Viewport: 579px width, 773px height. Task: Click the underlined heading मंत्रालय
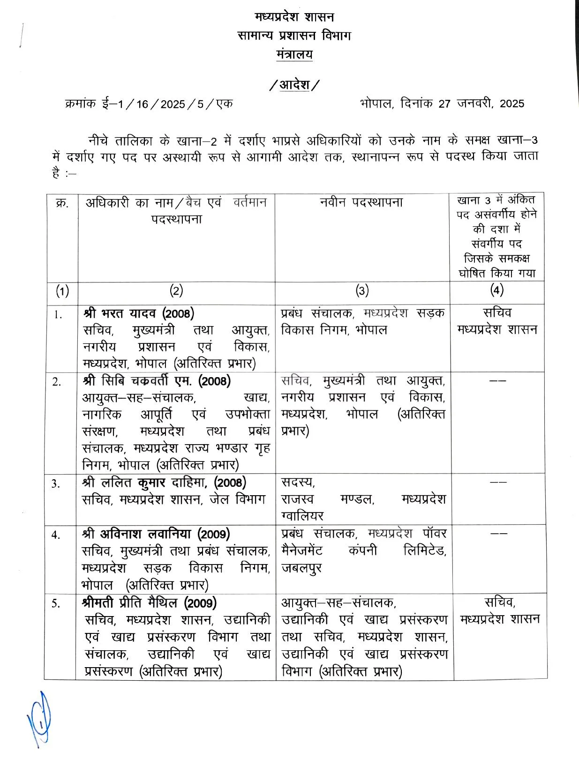point(294,54)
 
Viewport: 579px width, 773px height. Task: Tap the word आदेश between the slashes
point(295,85)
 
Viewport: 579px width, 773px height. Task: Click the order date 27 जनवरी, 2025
point(481,104)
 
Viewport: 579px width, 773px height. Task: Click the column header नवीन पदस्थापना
point(361,202)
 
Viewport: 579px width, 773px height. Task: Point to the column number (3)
point(362,291)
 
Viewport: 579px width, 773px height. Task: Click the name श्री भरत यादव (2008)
point(139,313)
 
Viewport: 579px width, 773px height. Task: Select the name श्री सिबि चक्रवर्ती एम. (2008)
point(157,381)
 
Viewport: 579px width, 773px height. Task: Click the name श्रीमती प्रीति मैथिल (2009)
point(149,602)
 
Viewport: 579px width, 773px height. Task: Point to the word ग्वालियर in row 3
point(302,516)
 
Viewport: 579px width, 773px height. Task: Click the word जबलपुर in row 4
point(301,568)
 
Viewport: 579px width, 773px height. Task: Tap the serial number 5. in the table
point(56,603)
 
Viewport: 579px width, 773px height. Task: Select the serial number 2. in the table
point(57,382)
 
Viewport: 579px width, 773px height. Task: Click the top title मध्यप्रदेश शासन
point(294,17)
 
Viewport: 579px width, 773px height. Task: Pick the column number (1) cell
point(62,291)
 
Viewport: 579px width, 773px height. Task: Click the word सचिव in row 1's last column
point(497,312)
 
